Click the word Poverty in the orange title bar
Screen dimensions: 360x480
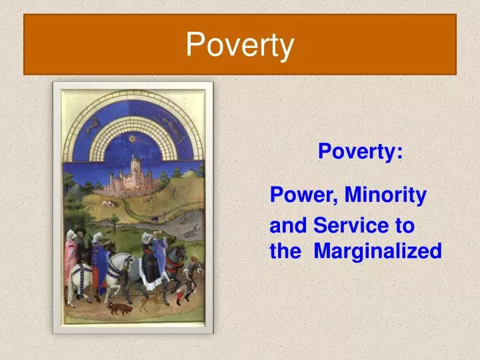coord(239,45)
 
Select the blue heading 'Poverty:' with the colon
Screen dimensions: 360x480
coord(360,152)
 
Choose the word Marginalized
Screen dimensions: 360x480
coord(377,251)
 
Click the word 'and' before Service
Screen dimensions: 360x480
coord(288,226)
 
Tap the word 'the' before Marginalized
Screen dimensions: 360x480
coord(285,251)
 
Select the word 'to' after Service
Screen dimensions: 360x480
coord(405,226)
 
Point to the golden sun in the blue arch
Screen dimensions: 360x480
coord(133,138)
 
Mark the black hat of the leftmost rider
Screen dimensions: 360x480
coord(79,233)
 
